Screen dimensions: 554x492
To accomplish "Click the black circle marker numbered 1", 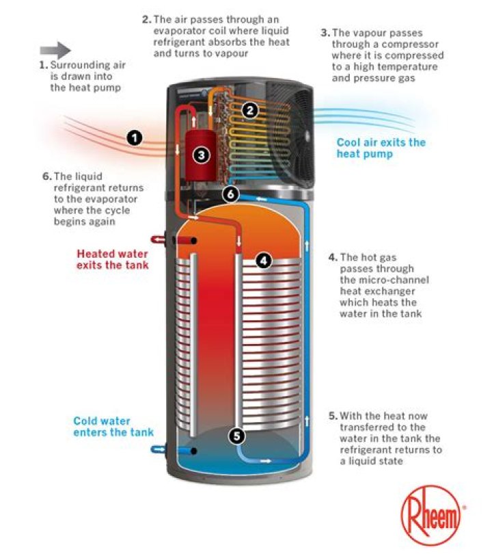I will pos(135,138).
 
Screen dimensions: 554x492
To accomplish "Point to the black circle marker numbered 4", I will pos(264,260).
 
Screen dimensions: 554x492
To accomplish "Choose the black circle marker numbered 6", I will pos(232,194).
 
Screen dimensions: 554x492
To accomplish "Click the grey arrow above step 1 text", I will pos(55,50).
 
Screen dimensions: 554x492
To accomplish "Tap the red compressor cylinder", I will pos(200,147).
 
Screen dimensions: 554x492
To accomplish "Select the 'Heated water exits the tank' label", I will pos(112,259).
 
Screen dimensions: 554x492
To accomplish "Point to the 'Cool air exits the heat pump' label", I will pos(380,148).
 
